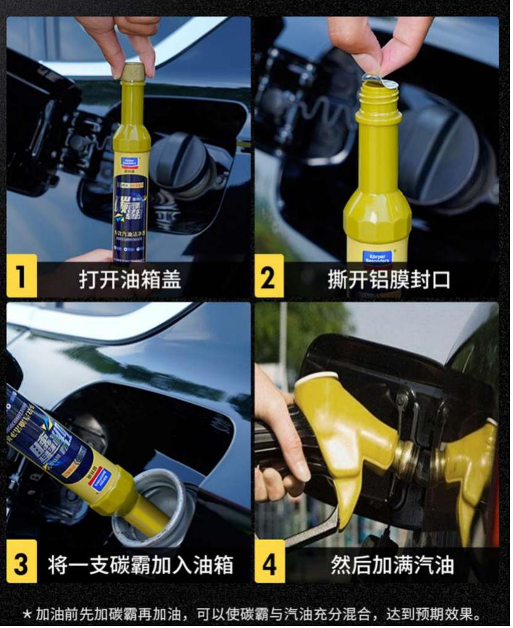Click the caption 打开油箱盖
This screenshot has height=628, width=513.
(130, 279)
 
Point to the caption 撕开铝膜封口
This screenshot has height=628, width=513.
(389, 279)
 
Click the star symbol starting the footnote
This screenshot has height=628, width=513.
(27, 615)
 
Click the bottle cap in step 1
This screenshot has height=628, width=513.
(132, 72)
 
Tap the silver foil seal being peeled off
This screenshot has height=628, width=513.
(380, 81)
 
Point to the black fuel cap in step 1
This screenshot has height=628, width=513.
(179, 164)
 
